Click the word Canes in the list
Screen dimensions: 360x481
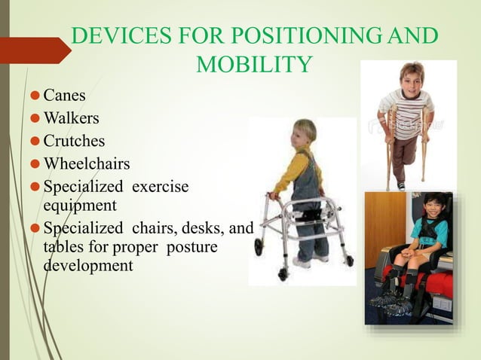click(x=64, y=96)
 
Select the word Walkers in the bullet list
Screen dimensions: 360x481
click(x=71, y=118)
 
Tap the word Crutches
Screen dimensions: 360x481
click(x=74, y=141)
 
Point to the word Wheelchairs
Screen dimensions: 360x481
click(x=87, y=163)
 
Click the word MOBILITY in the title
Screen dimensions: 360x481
click(x=253, y=66)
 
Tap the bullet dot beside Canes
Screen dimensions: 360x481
click(x=34, y=96)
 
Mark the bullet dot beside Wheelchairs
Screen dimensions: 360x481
click(x=34, y=164)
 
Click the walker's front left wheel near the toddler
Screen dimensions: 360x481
click(x=259, y=246)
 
